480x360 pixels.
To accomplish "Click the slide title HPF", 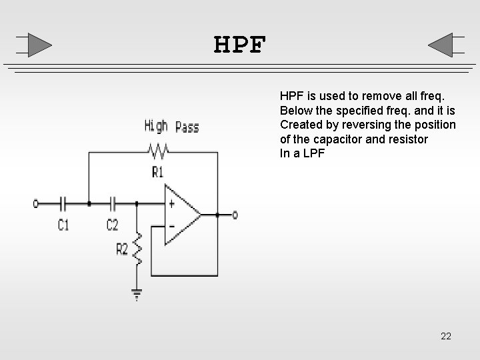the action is (x=240, y=46).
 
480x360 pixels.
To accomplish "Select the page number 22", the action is (x=446, y=336).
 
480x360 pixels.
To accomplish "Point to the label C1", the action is (x=63, y=225).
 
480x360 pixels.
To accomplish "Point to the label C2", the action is (x=112, y=225).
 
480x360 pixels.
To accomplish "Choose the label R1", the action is (x=158, y=173).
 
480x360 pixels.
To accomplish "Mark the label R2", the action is (x=122, y=249).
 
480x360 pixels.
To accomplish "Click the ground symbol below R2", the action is (x=137, y=294).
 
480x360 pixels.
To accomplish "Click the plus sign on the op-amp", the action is (x=171, y=204).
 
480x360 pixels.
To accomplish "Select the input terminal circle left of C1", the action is (x=36, y=203).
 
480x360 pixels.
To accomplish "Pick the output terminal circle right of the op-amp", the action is (x=234, y=215).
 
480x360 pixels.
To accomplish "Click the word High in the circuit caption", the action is (x=156, y=125).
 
